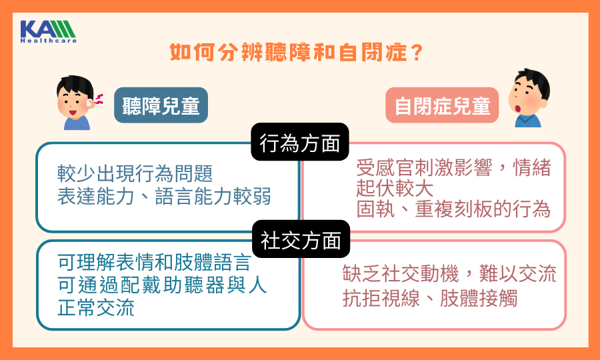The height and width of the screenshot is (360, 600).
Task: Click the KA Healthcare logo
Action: coord(48,31)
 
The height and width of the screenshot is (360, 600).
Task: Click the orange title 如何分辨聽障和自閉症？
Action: coord(296,53)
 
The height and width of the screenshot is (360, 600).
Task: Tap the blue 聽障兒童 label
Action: coord(161,105)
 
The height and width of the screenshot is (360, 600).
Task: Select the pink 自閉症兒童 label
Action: coord(442,105)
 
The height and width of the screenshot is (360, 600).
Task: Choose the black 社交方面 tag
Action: coord(301,239)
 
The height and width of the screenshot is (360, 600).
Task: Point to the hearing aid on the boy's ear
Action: coord(90,102)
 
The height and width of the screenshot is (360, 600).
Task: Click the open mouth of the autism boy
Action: coord(519,108)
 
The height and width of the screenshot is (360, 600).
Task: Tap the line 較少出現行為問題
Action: coord(135,173)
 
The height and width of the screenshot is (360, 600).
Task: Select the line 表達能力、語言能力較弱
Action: coord(164,196)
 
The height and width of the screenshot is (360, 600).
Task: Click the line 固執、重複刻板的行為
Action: coord(453,209)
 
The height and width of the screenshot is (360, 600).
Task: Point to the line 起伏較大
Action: coord(395,188)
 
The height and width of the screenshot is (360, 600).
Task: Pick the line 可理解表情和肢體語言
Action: coord(154,263)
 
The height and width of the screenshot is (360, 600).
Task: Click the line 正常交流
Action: coord(96,307)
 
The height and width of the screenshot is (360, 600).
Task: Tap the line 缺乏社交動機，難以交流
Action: coord(449,274)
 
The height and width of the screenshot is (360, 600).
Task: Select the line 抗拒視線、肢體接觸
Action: coord(430,297)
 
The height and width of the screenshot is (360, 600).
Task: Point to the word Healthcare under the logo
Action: coord(48,41)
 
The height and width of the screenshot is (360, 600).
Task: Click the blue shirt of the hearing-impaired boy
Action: coord(77,123)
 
